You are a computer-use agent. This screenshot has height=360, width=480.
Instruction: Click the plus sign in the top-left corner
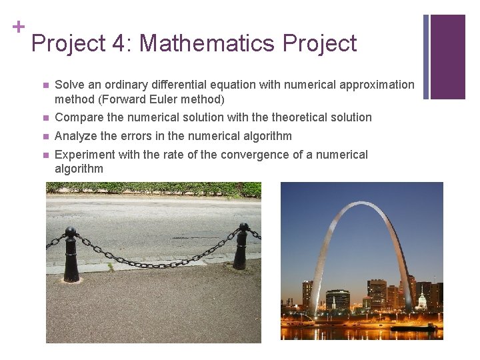pyautogui.click(x=19, y=27)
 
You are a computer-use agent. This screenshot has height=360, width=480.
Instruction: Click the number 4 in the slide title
pyautogui.click(x=119, y=43)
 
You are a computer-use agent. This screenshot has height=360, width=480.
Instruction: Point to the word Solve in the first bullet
pyautogui.click(x=69, y=85)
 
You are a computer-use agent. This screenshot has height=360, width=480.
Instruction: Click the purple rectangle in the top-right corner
pyautogui.click(x=447, y=56)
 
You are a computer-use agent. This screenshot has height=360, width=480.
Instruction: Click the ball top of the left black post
pyautogui.click(x=71, y=232)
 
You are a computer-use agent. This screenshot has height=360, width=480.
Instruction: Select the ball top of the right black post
pyautogui.click(x=244, y=227)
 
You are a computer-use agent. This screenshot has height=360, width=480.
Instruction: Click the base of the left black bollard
pyautogui.click(x=71, y=278)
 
